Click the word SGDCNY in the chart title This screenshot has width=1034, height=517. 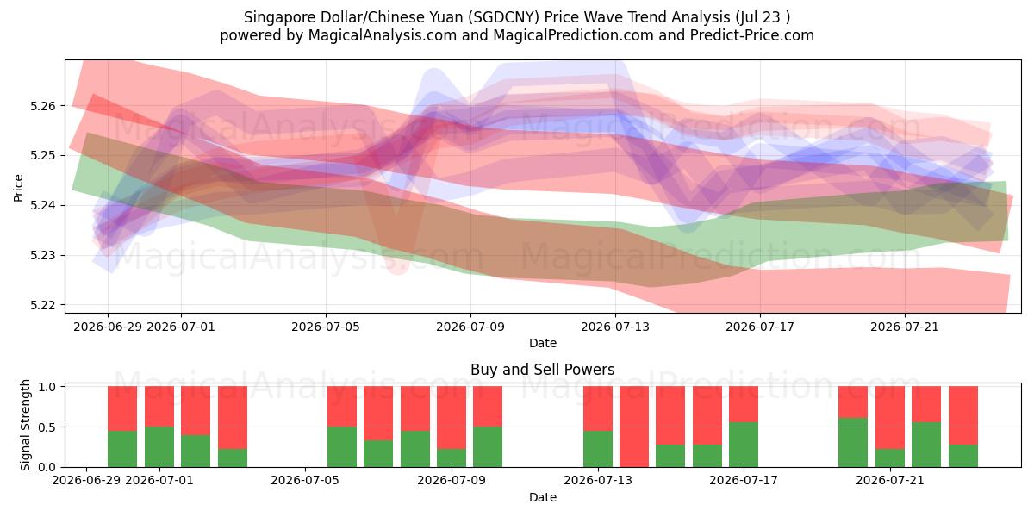(505, 17)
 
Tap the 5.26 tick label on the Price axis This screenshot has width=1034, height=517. (42, 106)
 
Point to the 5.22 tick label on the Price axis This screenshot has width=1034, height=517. (42, 305)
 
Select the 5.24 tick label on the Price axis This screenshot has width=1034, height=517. (42, 205)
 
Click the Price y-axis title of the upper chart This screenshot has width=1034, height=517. (18, 188)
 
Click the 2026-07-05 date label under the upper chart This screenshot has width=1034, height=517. (326, 327)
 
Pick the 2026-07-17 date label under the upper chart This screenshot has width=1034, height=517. (760, 327)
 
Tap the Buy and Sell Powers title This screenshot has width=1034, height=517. (542, 370)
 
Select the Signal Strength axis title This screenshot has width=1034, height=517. (25, 425)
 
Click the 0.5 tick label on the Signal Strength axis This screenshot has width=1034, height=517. (47, 427)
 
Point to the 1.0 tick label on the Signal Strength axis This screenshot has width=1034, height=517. (47, 387)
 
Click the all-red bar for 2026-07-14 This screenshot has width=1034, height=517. (634, 427)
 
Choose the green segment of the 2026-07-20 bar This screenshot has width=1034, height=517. (853, 443)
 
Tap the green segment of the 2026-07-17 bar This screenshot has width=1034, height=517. (744, 445)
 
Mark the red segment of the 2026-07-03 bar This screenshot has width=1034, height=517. (233, 418)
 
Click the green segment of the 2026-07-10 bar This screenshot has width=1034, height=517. (488, 447)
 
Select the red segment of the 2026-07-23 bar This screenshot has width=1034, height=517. (963, 415)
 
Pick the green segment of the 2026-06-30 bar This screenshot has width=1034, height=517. (159, 447)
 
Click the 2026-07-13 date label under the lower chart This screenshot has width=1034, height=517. (598, 481)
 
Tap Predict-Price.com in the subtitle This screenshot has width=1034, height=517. (752, 35)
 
